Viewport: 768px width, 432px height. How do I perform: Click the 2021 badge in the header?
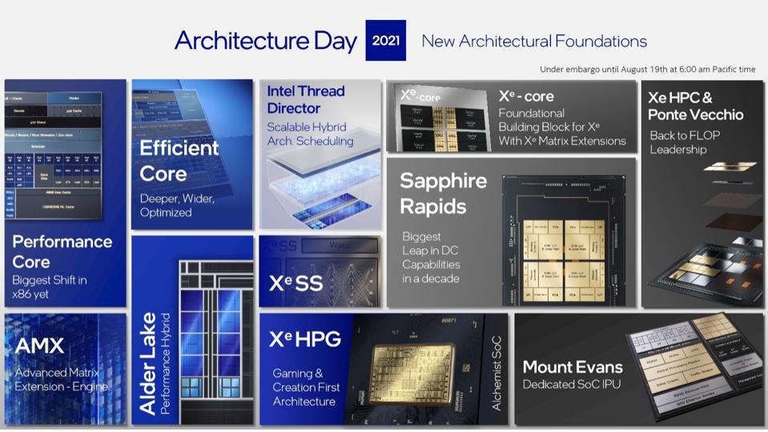pyautogui.click(x=385, y=40)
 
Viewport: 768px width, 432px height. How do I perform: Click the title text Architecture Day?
pyautogui.click(x=265, y=41)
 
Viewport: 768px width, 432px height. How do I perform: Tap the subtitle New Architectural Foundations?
pyautogui.click(x=534, y=41)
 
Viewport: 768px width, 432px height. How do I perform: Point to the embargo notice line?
pyautogui.click(x=647, y=70)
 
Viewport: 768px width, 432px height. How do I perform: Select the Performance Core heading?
pyautogui.click(x=62, y=252)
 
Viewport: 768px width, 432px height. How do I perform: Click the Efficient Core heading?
pyautogui.click(x=179, y=160)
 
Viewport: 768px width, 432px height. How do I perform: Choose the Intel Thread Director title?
pyautogui.click(x=305, y=99)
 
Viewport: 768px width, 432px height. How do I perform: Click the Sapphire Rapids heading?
pyautogui.click(x=443, y=193)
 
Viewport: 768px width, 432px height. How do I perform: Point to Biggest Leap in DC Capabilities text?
pyautogui.click(x=431, y=257)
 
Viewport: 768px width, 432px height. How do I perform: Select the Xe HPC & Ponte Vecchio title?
pyautogui.click(x=695, y=106)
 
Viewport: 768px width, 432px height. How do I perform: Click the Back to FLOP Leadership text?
pyautogui.click(x=684, y=143)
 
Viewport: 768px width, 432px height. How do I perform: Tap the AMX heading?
pyautogui.click(x=39, y=346)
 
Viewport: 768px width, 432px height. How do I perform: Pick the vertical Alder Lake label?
pyautogui.click(x=147, y=364)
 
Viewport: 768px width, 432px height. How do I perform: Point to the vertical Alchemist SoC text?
pyautogui.click(x=497, y=373)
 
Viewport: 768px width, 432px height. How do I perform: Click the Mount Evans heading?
pyautogui.click(x=572, y=367)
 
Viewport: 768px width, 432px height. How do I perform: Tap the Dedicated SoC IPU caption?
pyautogui.click(x=571, y=385)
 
